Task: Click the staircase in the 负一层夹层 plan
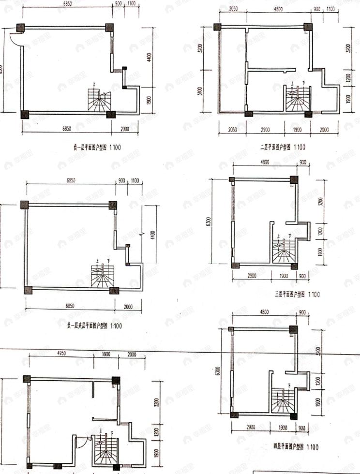[x=102, y=276]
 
